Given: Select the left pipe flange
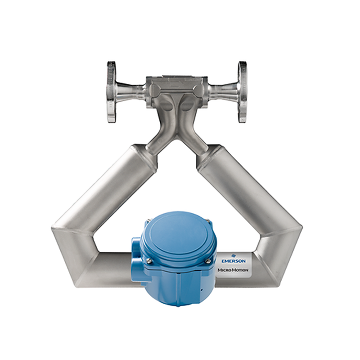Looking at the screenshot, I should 111,92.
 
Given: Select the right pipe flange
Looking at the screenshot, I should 243,92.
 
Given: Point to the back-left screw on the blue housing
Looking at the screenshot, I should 147,220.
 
